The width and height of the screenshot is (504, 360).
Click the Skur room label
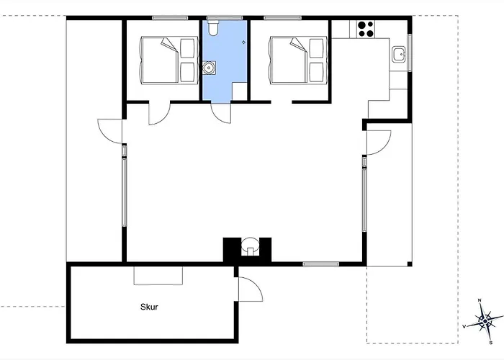(149, 307)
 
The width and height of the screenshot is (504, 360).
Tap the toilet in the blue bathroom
(213, 27)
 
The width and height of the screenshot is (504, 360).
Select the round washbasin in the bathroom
(210, 68)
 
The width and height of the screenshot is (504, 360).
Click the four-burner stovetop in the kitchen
(366, 30)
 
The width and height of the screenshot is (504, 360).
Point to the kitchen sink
(398, 54)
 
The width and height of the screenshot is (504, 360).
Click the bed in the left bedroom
(168, 60)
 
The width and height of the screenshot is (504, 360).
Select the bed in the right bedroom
(297, 60)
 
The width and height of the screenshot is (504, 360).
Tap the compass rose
(485, 321)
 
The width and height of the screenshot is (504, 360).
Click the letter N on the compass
(480, 300)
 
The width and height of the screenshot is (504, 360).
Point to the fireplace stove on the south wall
(250, 247)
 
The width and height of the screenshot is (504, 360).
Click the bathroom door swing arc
(221, 113)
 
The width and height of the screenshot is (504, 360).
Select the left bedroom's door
(159, 113)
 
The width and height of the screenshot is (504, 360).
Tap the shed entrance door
(251, 289)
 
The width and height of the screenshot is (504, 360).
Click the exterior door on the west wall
(110, 131)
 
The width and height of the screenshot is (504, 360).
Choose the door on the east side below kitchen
(379, 143)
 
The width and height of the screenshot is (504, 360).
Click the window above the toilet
(225, 18)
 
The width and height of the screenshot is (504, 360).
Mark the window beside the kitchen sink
(410, 53)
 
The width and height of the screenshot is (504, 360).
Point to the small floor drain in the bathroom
(243, 42)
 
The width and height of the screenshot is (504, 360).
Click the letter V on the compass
(464, 327)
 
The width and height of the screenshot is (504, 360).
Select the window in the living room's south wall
(321, 264)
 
